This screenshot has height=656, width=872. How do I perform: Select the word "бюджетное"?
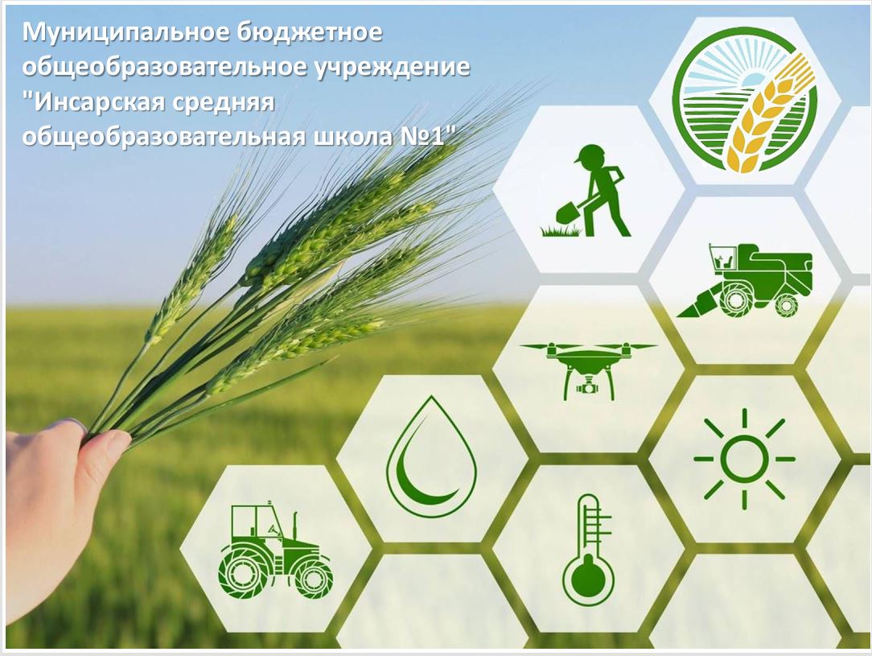point(310,32)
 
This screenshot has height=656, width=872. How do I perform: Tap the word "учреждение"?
point(392,68)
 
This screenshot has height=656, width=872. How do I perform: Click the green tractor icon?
point(275,549)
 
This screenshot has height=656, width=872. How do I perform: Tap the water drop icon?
point(431,455)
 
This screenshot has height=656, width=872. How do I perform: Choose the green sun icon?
point(744,459)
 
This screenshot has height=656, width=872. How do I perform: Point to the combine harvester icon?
point(744,279)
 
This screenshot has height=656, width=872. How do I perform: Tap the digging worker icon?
point(587,191)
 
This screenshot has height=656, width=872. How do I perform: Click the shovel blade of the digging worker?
point(567,212)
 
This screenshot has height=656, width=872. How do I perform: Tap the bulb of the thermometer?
point(588,579)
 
